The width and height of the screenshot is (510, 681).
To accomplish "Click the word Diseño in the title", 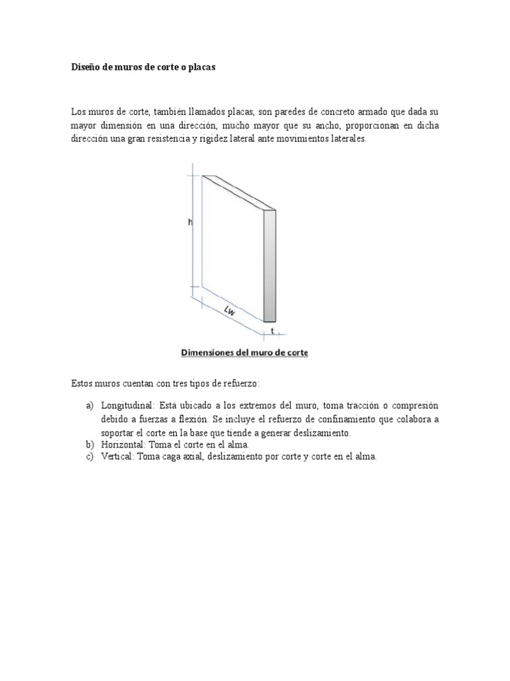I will (x=85, y=68).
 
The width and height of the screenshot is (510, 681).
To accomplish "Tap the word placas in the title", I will (x=201, y=68).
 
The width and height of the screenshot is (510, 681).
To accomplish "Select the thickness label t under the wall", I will (x=272, y=331).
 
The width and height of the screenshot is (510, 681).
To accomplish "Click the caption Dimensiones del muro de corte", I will (x=244, y=353).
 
